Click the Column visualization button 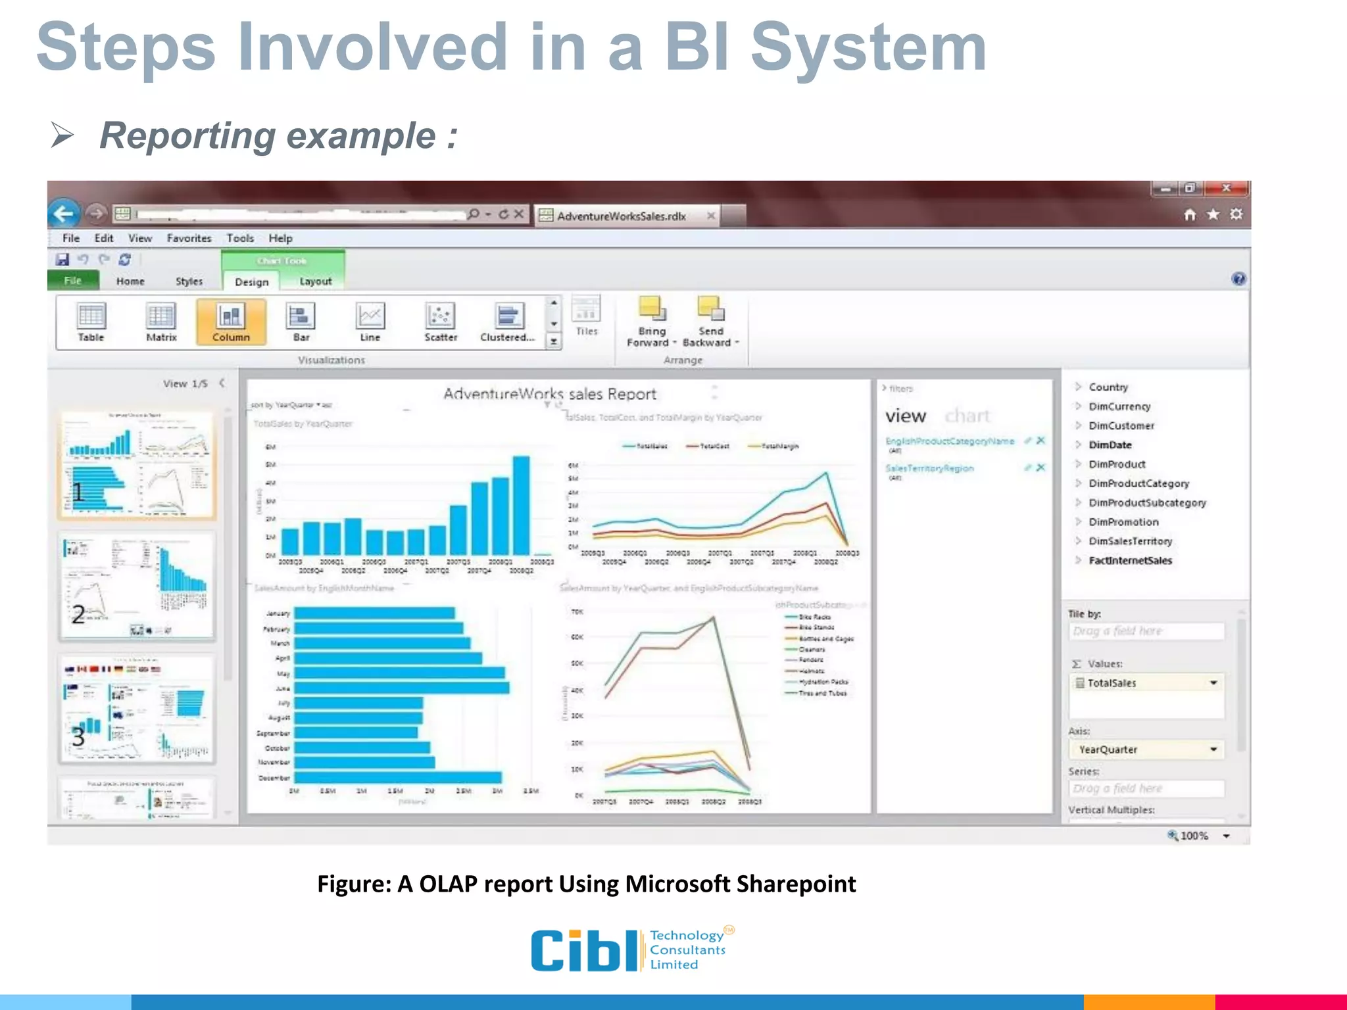pyautogui.click(x=231, y=322)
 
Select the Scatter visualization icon pyautogui.click(x=440, y=322)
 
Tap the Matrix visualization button pyautogui.click(x=161, y=322)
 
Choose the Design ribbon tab pyautogui.click(x=251, y=282)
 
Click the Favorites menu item pyautogui.click(x=189, y=238)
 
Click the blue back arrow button pyautogui.click(x=64, y=214)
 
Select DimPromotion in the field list pyautogui.click(x=1123, y=522)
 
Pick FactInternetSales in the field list pyautogui.click(x=1130, y=561)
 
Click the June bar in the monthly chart pyautogui.click(x=401, y=688)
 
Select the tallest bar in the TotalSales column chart pyautogui.click(x=521, y=505)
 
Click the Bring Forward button pyautogui.click(x=651, y=322)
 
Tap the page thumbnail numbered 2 pyautogui.click(x=137, y=585)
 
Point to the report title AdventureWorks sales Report pyautogui.click(x=549, y=394)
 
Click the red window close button pyautogui.click(x=1225, y=188)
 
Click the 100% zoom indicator pyautogui.click(x=1194, y=836)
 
